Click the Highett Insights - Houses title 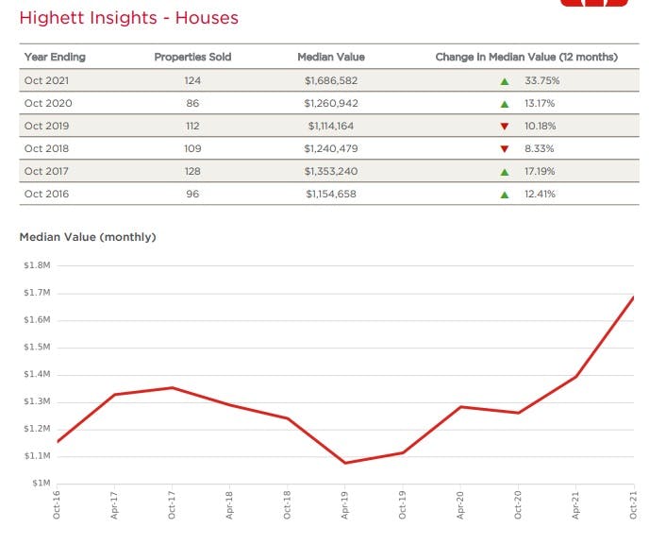(x=129, y=18)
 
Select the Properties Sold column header (x=192, y=58)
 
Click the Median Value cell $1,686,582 (x=331, y=81)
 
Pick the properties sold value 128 (x=192, y=172)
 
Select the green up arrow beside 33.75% (x=505, y=81)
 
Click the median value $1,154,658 (x=331, y=195)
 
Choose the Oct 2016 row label (x=47, y=195)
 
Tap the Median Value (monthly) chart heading (x=88, y=237)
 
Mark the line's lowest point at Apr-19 (x=345, y=463)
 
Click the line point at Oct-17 (x=173, y=388)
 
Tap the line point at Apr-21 (x=575, y=377)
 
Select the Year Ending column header (x=50, y=58)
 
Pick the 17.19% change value (x=540, y=172)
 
